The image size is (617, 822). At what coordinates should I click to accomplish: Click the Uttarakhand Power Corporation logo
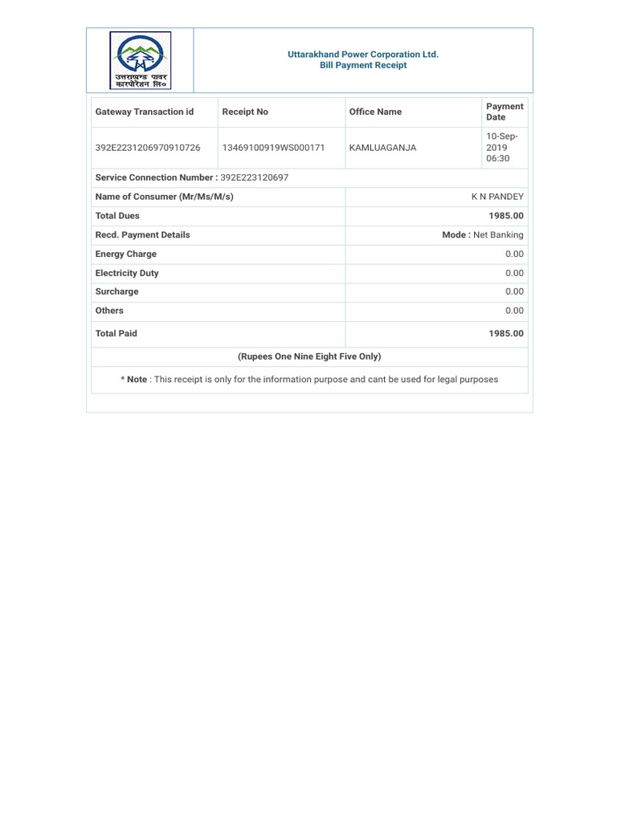pos(141,60)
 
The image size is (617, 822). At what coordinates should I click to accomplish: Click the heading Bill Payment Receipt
pos(363,66)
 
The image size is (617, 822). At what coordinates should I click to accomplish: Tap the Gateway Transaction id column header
pos(145,112)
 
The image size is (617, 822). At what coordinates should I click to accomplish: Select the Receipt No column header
pos(245,112)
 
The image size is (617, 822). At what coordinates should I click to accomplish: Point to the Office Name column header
pos(375,112)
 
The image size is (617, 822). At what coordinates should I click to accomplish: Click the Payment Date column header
pos(505,112)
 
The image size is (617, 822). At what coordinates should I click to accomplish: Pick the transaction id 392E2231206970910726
pos(149,149)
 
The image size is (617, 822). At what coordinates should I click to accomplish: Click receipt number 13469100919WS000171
pos(273,149)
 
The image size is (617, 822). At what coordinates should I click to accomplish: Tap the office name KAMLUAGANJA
pos(382,149)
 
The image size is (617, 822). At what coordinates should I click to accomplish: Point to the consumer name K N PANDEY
pos(497,197)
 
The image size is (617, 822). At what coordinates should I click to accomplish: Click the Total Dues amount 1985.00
pos(506,216)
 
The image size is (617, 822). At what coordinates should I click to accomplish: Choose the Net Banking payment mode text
pos(498,235)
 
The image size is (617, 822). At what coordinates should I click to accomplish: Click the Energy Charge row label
pos(125,254)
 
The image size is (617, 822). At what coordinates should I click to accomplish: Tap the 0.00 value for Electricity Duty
pos(514,273)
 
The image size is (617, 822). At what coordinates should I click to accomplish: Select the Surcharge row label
pos(116,292)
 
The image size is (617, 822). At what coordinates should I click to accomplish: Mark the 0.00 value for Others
pos(514,311)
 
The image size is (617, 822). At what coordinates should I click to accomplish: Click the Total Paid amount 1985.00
pos(506,334)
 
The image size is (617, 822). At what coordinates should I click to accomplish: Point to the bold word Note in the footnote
pos(137,380)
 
